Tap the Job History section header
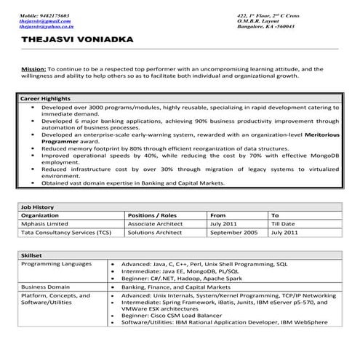click(x=37, y=207)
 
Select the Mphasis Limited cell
click(x=47, y=224)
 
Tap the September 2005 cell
click(x=233, y=233)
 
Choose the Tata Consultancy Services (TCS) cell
click(x=66, y=233)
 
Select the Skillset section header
click(x=32, y=256)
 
